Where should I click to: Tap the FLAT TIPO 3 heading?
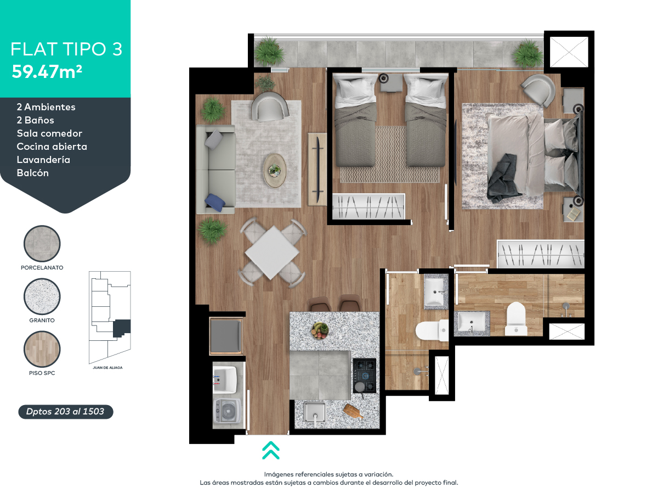[x=66, y=49]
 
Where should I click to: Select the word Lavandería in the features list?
[x=43, y=160]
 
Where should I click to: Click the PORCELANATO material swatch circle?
[x=42, y=244]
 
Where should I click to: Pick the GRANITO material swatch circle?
[x=42, y=296]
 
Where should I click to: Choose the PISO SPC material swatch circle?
[x=42, y=349]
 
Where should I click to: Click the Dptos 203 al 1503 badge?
[x=65, y=411]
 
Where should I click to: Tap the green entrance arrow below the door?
[x=271, y=450]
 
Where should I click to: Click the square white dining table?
[x=272, y=252]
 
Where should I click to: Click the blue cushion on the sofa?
[x=214, y=203]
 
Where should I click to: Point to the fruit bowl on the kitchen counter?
[x=320, y=329]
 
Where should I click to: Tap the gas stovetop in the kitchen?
[x=364, y=375]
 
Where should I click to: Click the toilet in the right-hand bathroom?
[x=516, y=318]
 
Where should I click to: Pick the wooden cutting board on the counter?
[x=353, y=411]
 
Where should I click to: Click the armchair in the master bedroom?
[x=538, y=89]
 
